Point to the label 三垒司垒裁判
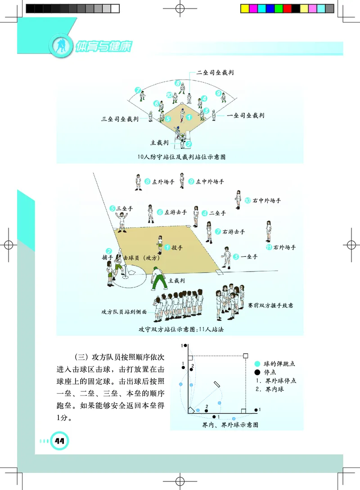point(120,119)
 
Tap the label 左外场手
point(163,183)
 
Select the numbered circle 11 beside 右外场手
point(269,247)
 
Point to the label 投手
point(177,247)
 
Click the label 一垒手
point(249,257)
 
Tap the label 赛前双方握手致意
point(270,305)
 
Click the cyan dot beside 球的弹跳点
point(257,364)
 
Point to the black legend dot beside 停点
point(257,372)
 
